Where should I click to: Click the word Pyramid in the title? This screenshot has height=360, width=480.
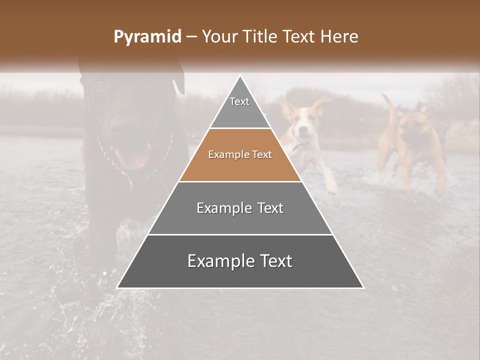coord(147,37)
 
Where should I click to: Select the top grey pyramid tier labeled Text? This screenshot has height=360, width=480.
coord(239,107)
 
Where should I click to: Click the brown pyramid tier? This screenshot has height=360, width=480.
coord(240,155)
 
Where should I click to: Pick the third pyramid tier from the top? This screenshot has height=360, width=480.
coord(240,208)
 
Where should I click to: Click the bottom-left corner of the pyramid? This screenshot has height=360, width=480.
coord(118,287)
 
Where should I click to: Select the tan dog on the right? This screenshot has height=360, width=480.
coord(413,145)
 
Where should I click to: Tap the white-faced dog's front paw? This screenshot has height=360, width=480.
coord(331,188)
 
